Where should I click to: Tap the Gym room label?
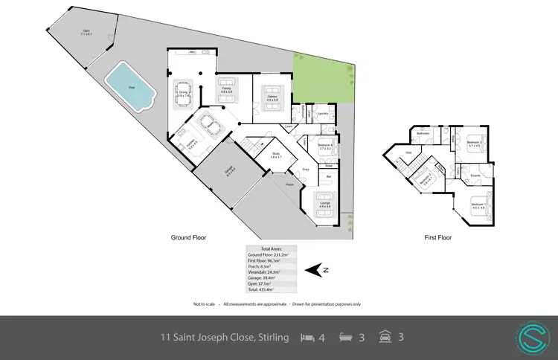(x=86, y=32)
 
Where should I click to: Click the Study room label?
(x=275, y=155)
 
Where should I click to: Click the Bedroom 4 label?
(x=324, y=146)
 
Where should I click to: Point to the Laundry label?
(x=323, y=114)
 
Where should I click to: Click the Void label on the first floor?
(x=408, y=152)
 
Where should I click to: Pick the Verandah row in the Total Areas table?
(x=272, y=272)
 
